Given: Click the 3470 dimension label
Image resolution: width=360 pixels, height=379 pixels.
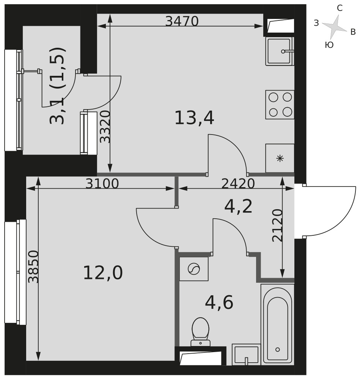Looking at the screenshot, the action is (x=182, y=21).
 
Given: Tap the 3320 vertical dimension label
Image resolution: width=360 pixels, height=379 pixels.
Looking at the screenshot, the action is (x=105, y=127).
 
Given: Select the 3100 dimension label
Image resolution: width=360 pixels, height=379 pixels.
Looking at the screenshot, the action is (x=102, y=184).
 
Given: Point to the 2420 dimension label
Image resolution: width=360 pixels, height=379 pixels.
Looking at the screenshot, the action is (x=238, y=184).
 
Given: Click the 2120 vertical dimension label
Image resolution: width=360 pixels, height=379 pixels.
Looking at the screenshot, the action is (x=277, y=226).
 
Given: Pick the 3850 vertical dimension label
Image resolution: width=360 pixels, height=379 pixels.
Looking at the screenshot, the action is (x=33, y=267).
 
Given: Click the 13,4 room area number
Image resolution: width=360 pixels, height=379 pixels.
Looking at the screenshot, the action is (x=194, y=118).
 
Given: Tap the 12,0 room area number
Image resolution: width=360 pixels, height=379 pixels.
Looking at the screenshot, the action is (x=103, y=273).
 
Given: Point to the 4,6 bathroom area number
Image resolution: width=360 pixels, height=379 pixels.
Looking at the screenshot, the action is (x=219, y=302).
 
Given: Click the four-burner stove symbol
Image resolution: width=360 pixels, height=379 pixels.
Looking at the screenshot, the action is (x=280, y=105).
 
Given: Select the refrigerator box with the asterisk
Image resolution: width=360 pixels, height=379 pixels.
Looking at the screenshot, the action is (x=280, y=158).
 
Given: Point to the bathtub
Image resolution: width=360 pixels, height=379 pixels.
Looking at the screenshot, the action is (x=278, y=324).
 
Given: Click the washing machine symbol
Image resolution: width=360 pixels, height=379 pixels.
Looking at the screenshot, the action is (x=194, y=269).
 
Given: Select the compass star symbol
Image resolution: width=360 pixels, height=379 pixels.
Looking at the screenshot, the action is (x=335, y=27).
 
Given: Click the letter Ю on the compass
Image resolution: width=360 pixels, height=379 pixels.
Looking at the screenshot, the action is (x=329, y=45).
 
